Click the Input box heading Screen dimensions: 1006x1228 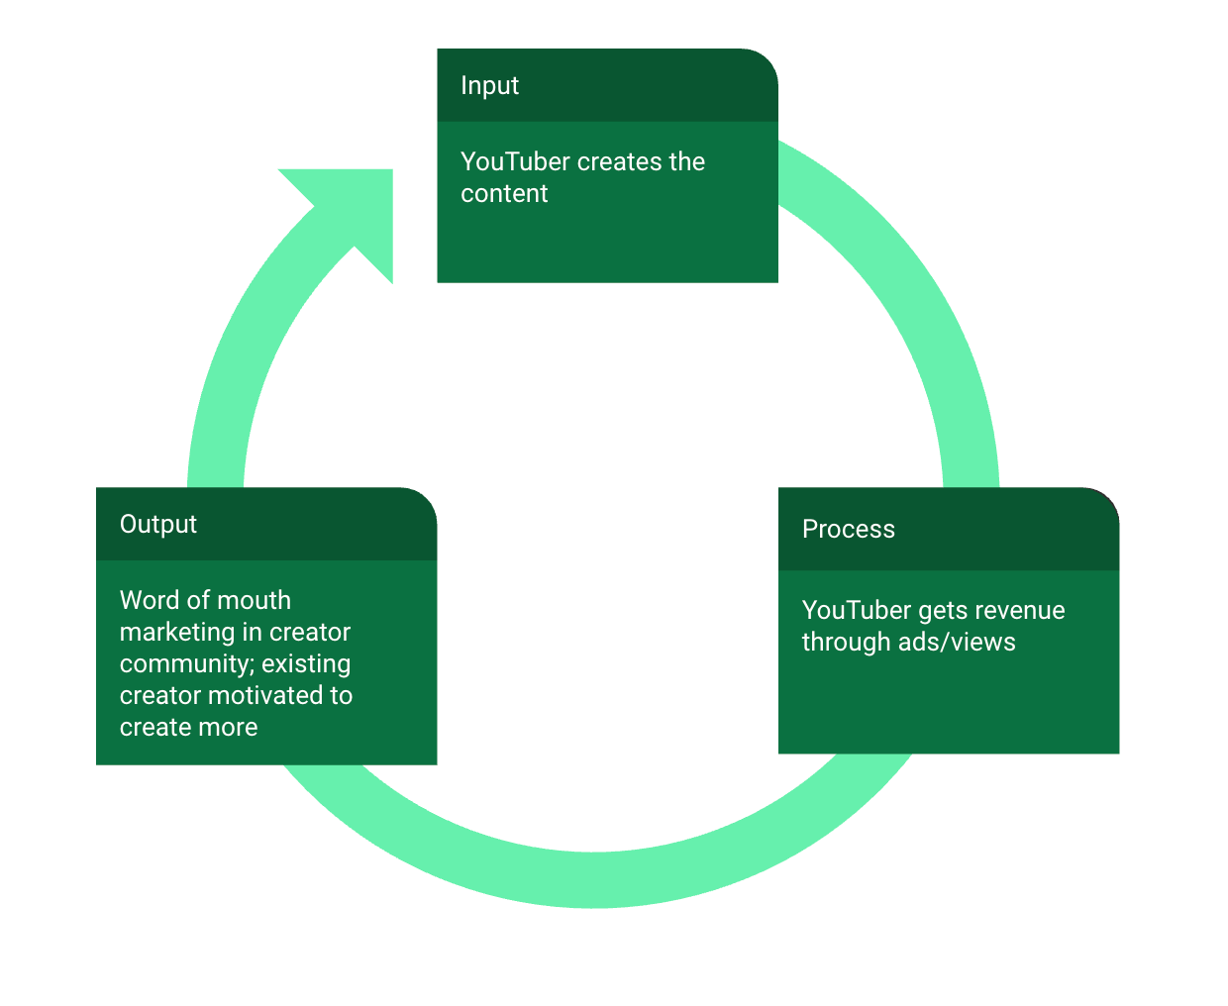(x=489, y=86)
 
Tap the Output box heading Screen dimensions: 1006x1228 (x=158, y=525)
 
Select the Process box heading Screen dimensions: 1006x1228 (x=848, y=530)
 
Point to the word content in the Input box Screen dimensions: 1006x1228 (x=504, y=194)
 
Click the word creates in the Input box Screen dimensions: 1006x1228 (x=620, y=162)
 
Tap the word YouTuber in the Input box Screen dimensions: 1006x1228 (x=515, y=162)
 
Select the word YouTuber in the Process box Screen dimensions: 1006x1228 (x=857, y=611)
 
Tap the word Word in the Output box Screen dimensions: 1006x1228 (x=150, y=601)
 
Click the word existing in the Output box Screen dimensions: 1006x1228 (x=306, y=664)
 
